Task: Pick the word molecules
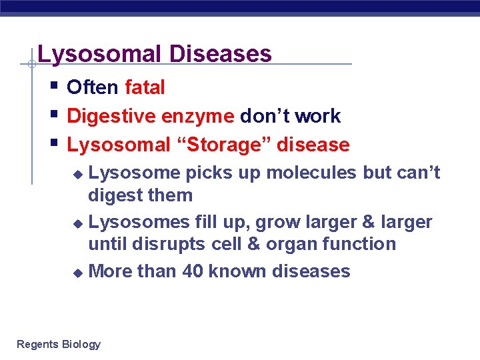(x=303, y=173)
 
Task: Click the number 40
(x=193, y=271)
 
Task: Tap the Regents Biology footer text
(x=59, y=344)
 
